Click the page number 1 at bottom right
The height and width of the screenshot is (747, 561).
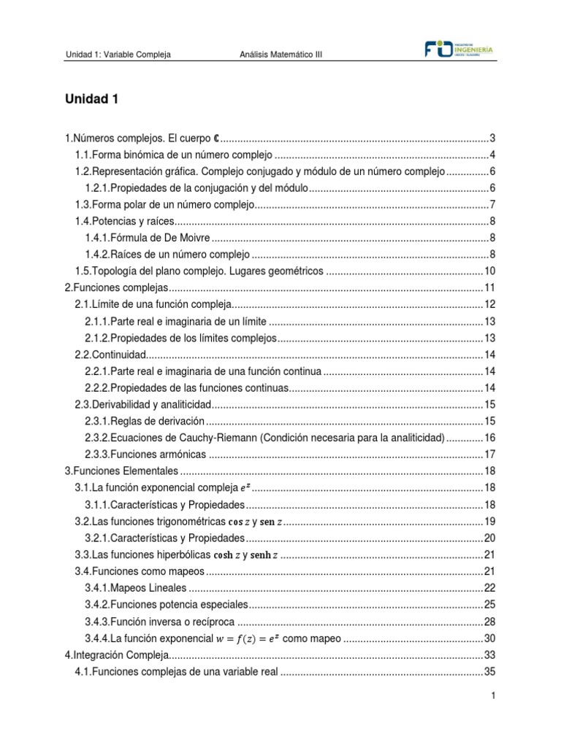[x=494, y=697]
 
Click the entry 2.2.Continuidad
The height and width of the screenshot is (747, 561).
[x=111, y=355]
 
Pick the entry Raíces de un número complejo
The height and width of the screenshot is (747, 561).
[x=168, y=255]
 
